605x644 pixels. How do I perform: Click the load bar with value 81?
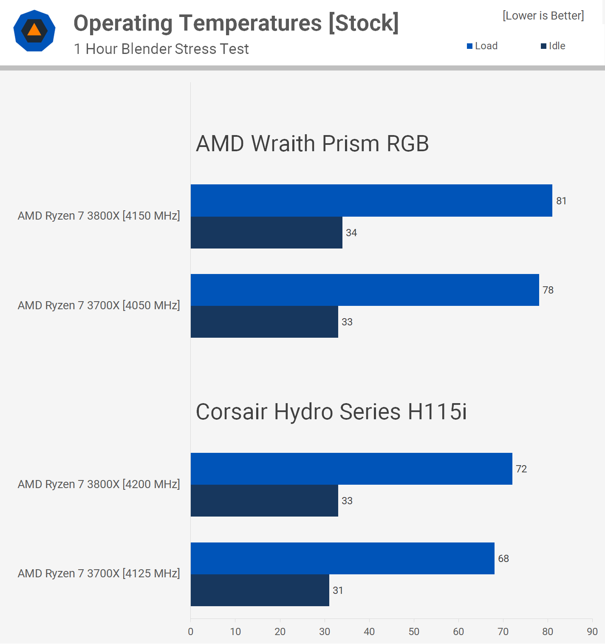coord(371,201)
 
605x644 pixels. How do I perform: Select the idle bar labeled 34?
coord(266,233)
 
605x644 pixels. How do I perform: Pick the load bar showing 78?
coord(365,290)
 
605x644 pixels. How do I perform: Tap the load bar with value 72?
coord(351,469)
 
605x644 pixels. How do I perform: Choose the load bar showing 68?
coord(342,558)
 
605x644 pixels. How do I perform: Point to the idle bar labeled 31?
coord(260,590)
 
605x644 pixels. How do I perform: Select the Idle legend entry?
coord(553,46)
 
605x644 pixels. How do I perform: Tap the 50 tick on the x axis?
coord(414,632)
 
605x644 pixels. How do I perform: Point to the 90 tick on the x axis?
coord(592,632)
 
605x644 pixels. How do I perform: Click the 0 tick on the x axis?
coord(191,632)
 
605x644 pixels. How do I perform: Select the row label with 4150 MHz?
coord(99,216)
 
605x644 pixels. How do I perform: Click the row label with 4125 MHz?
coord(99,573)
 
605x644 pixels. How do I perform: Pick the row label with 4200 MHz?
coord(99,484)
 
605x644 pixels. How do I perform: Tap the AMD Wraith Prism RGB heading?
coord(312,144)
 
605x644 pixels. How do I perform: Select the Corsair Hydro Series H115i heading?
coord(331,412)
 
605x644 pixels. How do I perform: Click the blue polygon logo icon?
coord(34,31)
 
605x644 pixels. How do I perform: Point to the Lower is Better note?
coord(543,16)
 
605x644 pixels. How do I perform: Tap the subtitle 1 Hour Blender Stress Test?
coord(161,49)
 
